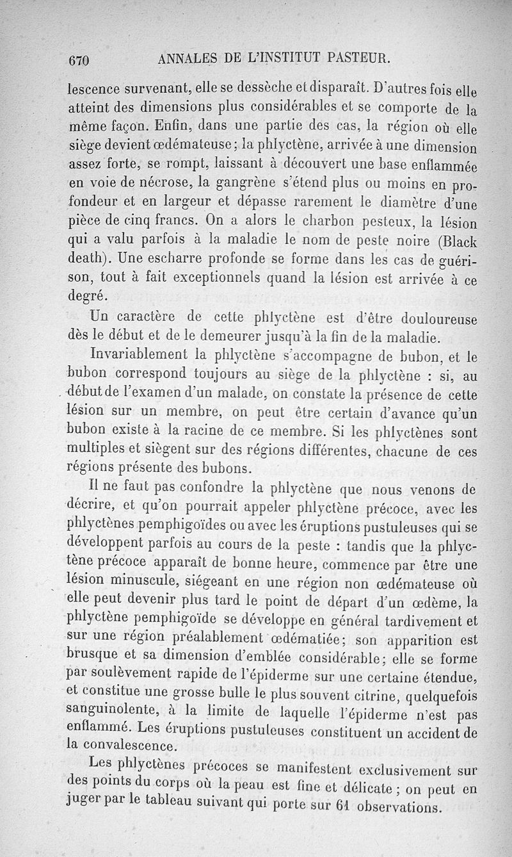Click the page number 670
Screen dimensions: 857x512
coord(81,61)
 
